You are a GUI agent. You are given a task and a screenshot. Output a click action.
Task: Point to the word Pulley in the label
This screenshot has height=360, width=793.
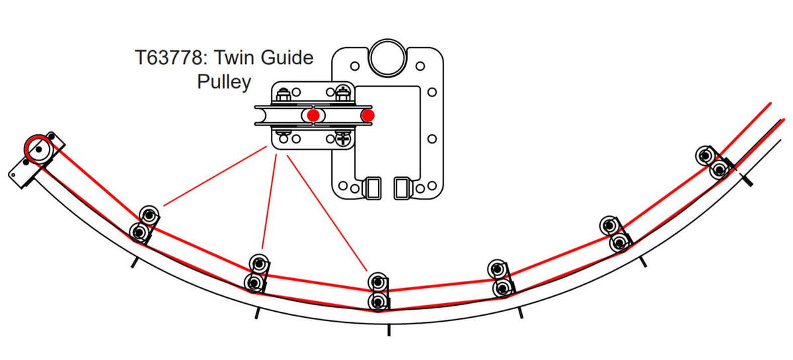click(225, 82)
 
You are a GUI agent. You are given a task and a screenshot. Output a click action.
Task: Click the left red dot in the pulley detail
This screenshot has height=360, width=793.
click(313, 116)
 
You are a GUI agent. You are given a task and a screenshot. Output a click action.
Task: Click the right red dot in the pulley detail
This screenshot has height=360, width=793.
click(368, 116)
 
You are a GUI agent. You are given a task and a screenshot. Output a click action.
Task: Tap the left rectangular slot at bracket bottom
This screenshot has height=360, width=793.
click(372, 187)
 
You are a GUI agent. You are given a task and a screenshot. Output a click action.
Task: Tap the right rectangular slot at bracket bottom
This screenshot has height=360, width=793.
click(403, 187)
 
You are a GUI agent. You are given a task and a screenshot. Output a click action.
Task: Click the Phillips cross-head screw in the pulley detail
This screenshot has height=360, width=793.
click(343, 139)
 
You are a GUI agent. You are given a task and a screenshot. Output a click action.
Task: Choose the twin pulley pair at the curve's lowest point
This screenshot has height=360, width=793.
click(377, 291)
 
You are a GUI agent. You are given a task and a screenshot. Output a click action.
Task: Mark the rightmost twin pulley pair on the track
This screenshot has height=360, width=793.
click(712, 162)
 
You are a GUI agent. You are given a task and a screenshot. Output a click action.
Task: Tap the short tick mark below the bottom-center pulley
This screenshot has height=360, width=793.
click(389, 330)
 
